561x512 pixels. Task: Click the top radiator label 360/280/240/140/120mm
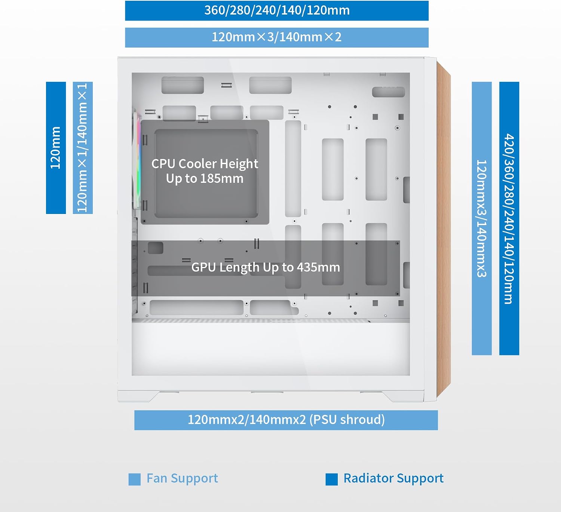point(277,10)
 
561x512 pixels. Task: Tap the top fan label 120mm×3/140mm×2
point(277,37)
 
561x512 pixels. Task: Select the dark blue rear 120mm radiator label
point(56,148)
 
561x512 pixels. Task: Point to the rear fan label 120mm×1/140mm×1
point(83,148)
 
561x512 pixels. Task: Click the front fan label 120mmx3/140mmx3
point(482,218)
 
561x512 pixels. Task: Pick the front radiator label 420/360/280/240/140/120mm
point(509,218)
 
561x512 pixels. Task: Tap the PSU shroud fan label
point(286,420)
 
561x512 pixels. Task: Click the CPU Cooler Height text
point(205,164)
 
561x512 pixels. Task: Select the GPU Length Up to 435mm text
point(266,267)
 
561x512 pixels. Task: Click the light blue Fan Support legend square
point(135,479)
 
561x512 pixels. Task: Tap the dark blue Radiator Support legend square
point(332,479)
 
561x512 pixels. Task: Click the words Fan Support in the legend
point(183,478)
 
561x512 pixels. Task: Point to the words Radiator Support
point(393,478)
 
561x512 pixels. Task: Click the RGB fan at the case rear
point(137,159)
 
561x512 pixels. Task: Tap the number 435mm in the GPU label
point(319,267)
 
